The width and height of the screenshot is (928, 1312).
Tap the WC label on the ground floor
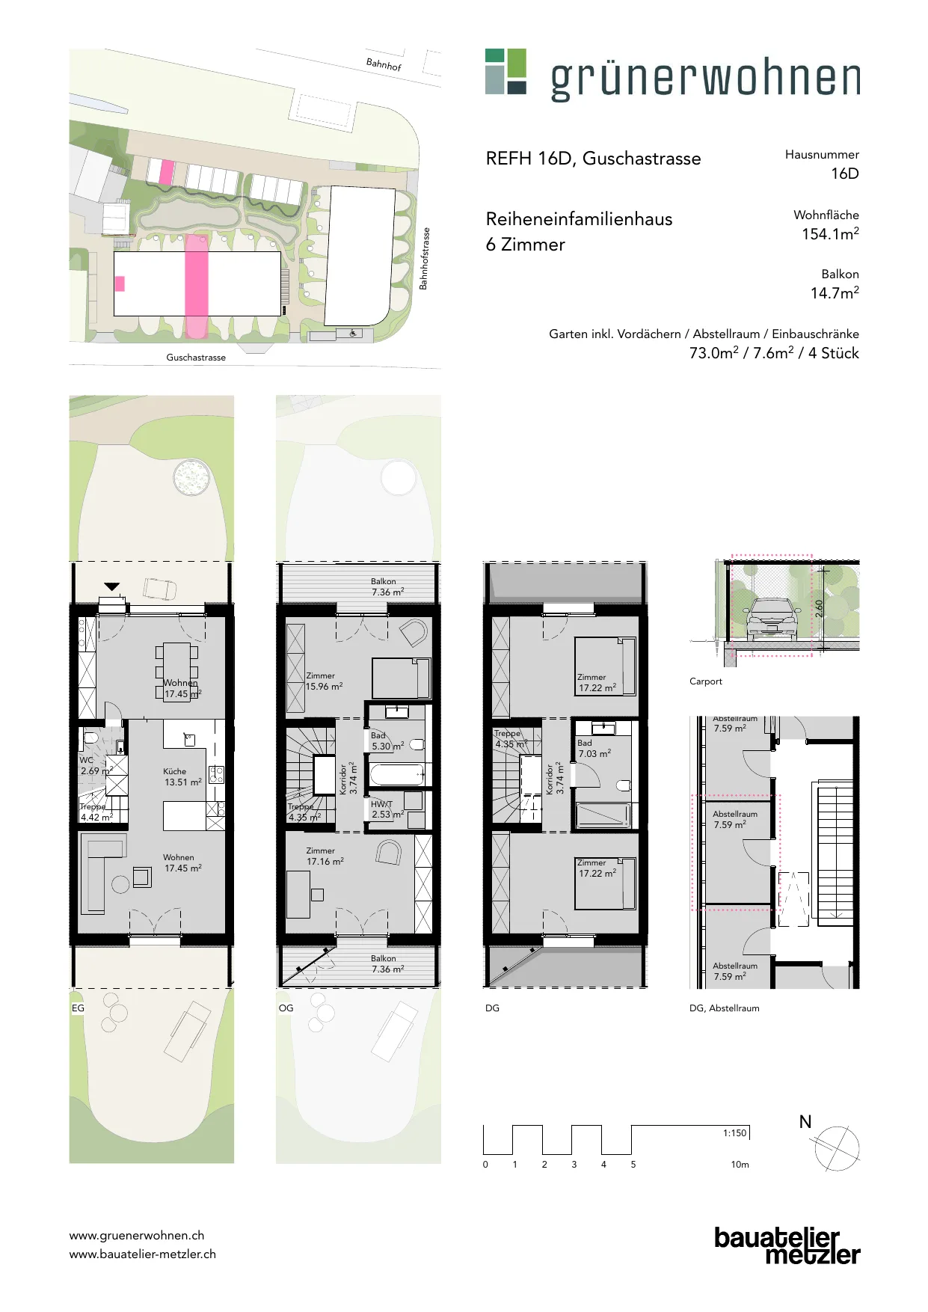[87, 760]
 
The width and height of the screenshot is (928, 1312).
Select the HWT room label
[381, 804]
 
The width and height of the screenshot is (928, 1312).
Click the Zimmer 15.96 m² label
[325, 681]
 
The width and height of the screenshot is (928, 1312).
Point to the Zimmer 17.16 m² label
[325, 856]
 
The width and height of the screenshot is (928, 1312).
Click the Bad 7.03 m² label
[594, 748]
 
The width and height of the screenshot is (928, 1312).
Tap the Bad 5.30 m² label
[387, 741]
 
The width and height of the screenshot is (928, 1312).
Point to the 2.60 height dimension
[819, 608]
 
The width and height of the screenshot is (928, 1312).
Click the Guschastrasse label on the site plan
[196, 358]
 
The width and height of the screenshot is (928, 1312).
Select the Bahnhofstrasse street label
[424, 259]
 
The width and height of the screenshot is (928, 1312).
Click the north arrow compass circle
[837, 1148]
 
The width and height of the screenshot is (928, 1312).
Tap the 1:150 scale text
[734, 1132]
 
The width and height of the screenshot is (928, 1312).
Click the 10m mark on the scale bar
[740, 1164]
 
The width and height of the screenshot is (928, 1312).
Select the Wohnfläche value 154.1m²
[830, 233]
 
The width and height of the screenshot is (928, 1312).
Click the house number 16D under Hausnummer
[845, 174]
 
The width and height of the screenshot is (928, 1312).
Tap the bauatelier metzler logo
[787, 1246]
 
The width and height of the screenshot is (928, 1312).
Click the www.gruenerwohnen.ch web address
[137, 1235]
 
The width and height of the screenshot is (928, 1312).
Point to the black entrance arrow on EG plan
[112, 587]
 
